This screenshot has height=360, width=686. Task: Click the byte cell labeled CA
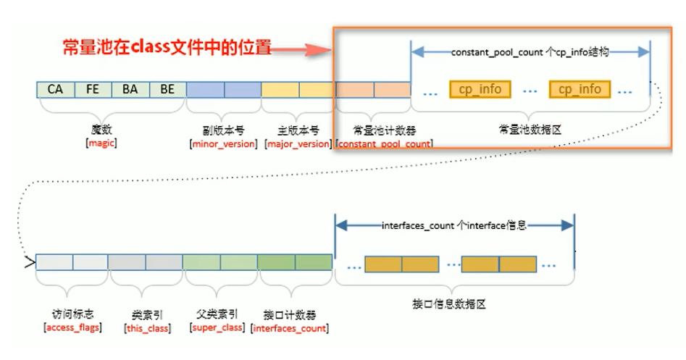point(56,90)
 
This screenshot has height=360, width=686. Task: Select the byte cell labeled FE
point(93,90)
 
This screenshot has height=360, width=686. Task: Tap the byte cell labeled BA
point(130,90)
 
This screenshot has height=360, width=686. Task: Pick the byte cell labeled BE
point(167,90)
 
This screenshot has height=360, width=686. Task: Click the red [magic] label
point(101,143)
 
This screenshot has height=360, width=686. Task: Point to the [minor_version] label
point(223,143)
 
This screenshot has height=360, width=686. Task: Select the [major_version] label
point(298,143)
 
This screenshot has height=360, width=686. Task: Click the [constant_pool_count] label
point(385,143)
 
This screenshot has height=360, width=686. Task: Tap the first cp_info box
point(480,89)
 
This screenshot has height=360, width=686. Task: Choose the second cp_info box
point(580,89)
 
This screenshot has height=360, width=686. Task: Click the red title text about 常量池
point(166,49)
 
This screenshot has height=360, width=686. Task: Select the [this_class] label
point(148,328)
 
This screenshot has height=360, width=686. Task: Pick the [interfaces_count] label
point(290,328)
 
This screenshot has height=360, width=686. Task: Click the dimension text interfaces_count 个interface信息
point(454,225)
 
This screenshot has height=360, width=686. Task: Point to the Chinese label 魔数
point(102,130)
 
